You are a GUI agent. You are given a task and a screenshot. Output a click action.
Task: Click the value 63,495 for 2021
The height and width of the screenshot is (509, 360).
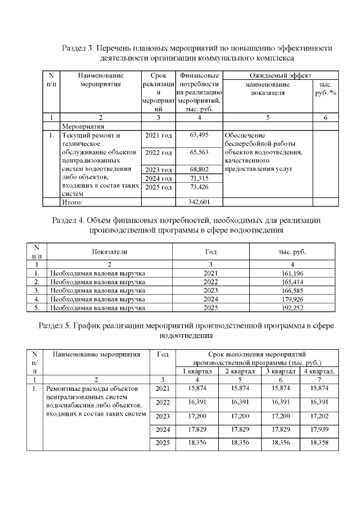click(200, 135)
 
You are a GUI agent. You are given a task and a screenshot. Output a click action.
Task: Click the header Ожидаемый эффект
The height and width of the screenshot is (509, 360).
click(281, 75)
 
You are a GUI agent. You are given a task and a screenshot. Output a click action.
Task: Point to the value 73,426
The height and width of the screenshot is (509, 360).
click(200, 187)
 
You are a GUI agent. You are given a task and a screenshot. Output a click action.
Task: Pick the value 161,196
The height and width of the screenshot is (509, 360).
click(291, 272)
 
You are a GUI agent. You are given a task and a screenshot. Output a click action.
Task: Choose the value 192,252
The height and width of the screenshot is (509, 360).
click(291, 308)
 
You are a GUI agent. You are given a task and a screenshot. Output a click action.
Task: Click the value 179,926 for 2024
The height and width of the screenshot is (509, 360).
click(291, 299)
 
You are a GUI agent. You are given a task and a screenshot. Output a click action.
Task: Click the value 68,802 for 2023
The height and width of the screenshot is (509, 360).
click(200, 169)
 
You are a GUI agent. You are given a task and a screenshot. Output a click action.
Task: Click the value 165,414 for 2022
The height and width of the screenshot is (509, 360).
click(291, 281)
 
